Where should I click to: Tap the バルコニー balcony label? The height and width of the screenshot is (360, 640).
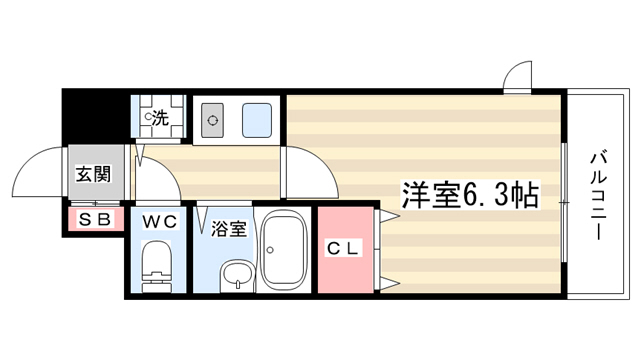point(598,196)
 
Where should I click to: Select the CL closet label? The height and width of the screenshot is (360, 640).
point(343,248)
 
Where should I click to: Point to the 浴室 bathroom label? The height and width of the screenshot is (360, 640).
point(229,229)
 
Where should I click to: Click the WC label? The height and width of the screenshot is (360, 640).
point(160,222)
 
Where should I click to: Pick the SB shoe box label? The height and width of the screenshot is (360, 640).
point(95,220)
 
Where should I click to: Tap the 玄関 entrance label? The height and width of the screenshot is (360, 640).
point(93,174)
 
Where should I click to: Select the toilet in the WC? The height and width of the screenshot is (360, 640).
point(156,266)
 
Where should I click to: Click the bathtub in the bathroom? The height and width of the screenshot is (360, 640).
point(284,250)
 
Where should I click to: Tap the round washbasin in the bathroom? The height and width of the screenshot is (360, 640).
point(236,276)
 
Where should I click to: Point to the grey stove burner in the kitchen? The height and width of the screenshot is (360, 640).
point(212,120)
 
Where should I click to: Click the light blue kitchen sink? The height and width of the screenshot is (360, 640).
point(257,120)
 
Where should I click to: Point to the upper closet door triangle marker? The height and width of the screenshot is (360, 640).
point(389,216)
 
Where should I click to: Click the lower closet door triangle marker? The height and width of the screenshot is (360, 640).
point(389,283)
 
